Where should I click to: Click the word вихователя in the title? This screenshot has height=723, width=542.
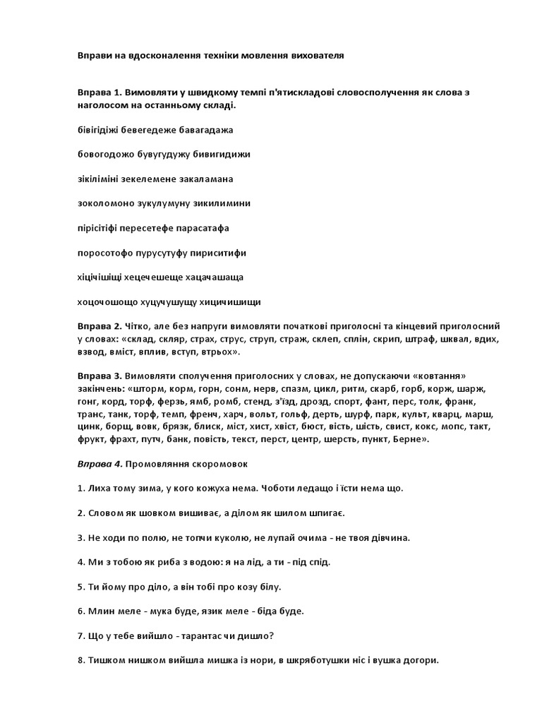pos(316,54)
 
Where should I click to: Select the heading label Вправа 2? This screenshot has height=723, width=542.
pos(100,326)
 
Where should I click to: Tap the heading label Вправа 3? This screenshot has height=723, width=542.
pos(100,376)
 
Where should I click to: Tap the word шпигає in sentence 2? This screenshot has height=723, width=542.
pos(324,513)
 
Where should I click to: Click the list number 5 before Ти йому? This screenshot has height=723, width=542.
pos(80,586)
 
